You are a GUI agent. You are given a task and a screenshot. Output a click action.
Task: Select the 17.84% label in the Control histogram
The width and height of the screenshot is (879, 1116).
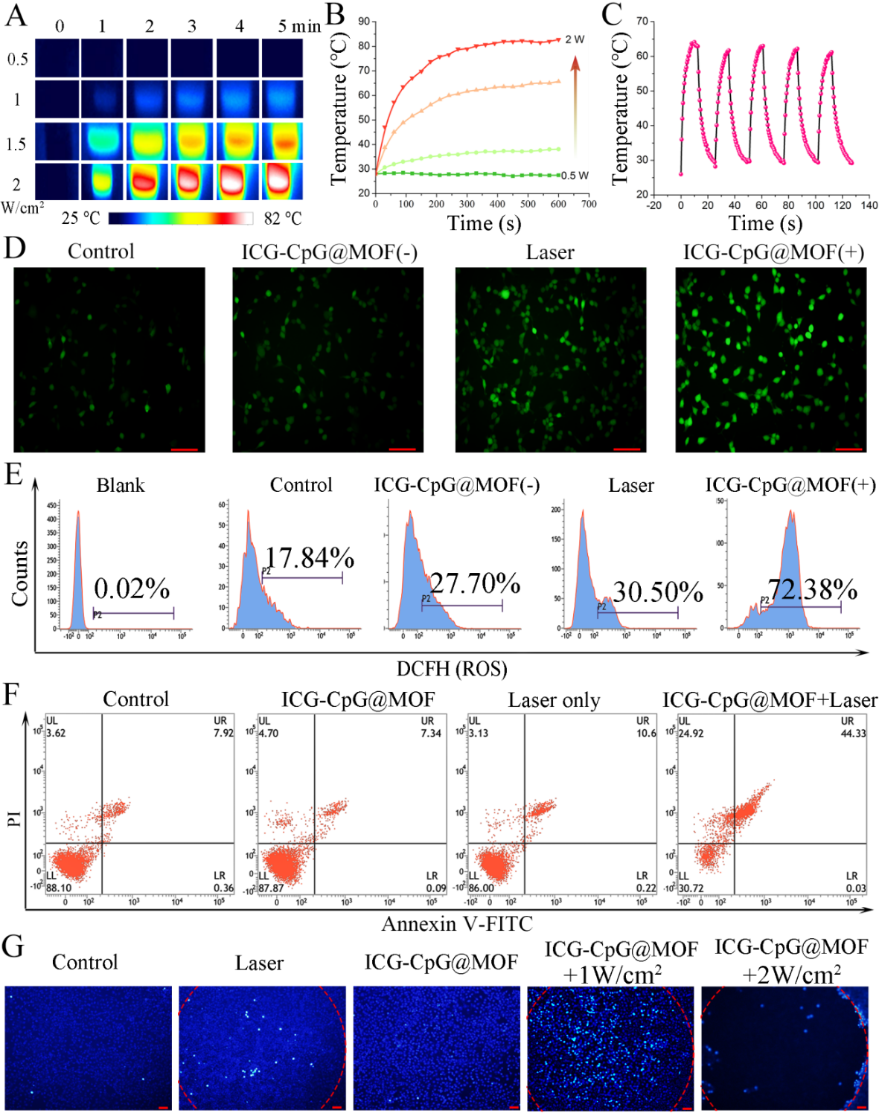tap(309, 557)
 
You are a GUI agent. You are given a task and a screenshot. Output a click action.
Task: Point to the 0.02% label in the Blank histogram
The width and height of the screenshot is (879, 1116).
tap(132, 589)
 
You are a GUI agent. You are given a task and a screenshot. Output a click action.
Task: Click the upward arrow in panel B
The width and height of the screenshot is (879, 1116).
tap(575, 104)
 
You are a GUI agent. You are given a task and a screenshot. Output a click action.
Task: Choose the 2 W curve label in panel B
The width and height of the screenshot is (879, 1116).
tap(575, 39)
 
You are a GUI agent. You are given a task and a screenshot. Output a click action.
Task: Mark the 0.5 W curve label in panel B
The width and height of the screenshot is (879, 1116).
tap(575, 176)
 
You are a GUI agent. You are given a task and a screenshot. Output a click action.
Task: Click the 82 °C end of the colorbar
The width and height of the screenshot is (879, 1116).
tap(283, 218)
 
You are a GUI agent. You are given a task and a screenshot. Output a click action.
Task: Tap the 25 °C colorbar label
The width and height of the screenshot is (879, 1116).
tap(80, 218)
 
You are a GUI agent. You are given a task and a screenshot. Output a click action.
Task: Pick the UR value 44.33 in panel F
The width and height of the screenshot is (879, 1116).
tap(853, 733)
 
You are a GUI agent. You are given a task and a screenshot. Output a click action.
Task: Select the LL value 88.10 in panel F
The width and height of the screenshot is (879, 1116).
tap(59, 888)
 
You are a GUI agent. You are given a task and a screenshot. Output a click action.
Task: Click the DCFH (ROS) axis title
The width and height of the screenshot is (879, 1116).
tap(452, 668)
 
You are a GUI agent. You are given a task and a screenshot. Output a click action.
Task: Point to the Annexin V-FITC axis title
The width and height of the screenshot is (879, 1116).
tap(457, 923)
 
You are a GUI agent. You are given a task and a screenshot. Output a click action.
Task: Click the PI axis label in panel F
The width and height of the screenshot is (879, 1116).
tap(14, 818)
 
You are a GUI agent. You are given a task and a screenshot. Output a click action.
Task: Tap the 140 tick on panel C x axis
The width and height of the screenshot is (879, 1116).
tap(869, 205)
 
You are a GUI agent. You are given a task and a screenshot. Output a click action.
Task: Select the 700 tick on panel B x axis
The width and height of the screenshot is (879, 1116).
tap(589, 204)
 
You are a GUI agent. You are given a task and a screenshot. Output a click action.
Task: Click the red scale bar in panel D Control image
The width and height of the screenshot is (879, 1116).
tap(184, 449)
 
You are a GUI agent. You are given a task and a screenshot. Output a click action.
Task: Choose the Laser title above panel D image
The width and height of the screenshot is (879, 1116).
tap(550, 253)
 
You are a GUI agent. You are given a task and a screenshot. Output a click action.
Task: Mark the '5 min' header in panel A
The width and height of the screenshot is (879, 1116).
tap(299, 27)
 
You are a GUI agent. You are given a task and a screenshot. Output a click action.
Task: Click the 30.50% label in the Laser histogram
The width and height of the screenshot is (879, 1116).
tap(657, 592)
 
